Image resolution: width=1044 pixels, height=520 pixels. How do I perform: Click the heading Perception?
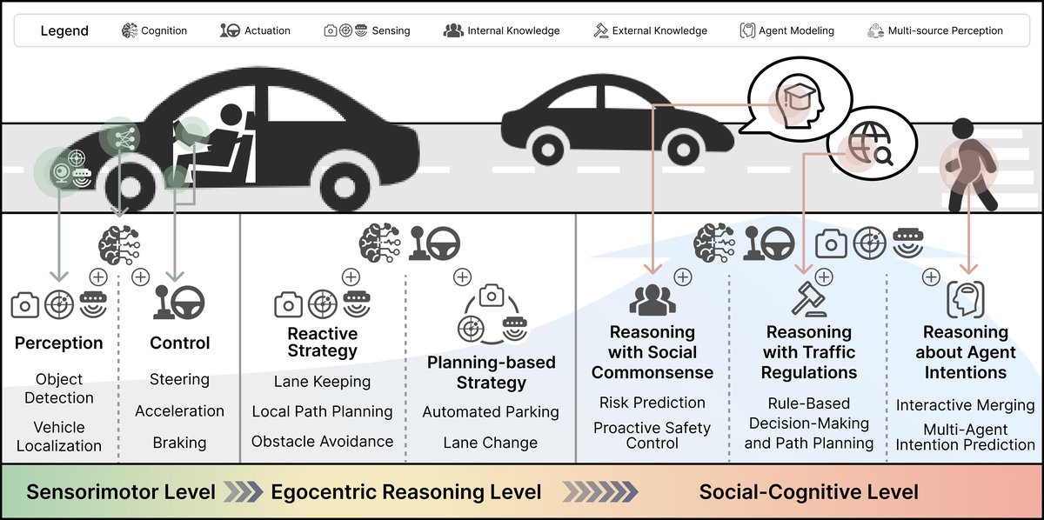tap(58, 343)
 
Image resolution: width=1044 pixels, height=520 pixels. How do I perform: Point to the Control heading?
tap(179, 343)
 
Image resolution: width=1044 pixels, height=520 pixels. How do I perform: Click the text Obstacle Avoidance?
tap(322, 442)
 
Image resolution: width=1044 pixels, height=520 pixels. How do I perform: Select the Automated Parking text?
tap(491, 412)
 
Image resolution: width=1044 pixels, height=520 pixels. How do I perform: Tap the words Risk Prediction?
tap(652, 403)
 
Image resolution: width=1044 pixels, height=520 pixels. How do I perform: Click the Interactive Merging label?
tap(965, 406)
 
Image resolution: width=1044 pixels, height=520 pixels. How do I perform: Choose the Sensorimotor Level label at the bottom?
tap(121, 492)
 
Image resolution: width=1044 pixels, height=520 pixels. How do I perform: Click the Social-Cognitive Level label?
tap(808, 492)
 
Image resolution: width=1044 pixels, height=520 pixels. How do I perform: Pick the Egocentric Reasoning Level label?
tap(406, 492)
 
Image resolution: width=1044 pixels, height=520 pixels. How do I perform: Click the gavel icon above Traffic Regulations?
tap(807, 299)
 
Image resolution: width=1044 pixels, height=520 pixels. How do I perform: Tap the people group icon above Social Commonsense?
tap(652, 300)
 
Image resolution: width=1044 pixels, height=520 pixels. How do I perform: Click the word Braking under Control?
tap(179, 442)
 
